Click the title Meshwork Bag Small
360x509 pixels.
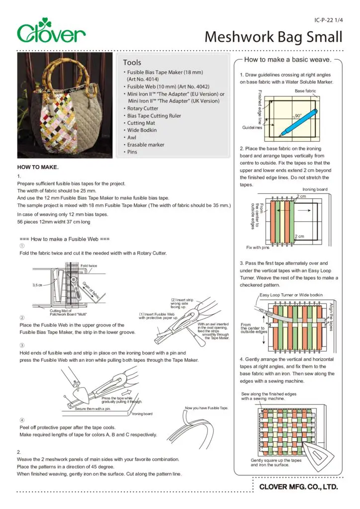(273, 37)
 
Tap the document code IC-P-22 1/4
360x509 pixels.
(329, 20)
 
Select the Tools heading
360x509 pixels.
(132, 63)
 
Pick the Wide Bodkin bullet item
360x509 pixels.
(142, 130)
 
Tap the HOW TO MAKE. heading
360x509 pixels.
(38, 167)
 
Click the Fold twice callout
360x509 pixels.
(89, 266)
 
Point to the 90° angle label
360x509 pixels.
(298, 116)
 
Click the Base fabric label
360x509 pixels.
(305, 91)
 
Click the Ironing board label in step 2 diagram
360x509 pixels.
(315, 189)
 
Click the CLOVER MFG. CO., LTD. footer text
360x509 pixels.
(299, 487)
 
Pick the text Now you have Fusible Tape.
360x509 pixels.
(206, 408)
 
